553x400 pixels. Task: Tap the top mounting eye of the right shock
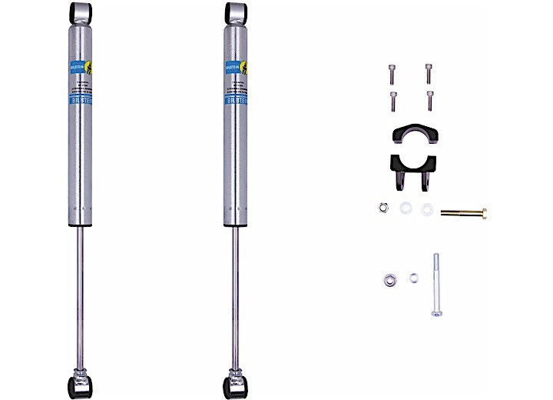pos(236,12)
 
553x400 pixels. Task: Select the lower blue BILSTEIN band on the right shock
pos(236,101)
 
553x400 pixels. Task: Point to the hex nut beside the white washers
pos(382,208)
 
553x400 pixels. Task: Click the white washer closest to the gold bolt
pos(426,208)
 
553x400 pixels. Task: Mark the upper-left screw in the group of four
pos(391,72)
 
